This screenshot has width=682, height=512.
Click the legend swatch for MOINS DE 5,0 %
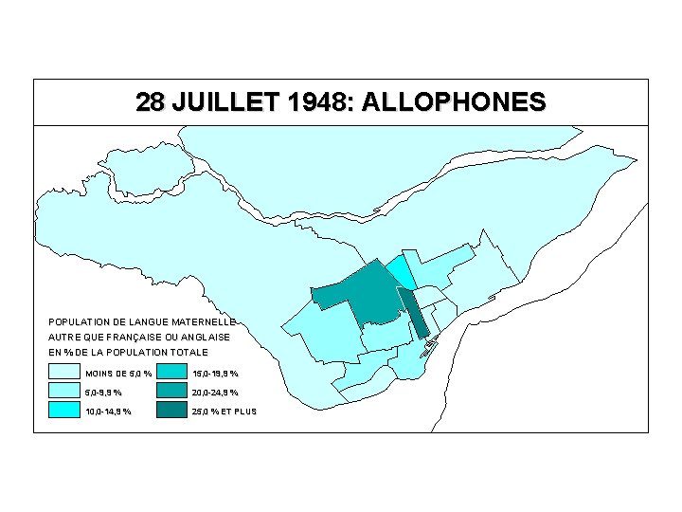(63, 372)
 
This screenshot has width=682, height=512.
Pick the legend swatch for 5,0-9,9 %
(63, 392)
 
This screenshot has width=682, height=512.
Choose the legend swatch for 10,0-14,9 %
(63, 411)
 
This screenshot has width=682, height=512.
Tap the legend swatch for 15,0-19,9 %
(171, 372)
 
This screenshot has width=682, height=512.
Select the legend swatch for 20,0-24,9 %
(171, 392)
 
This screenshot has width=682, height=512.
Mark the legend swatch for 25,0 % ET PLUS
(171, 411)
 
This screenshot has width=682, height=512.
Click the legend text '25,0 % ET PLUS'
(224, 411)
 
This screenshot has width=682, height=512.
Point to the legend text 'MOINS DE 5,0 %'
(118, 373)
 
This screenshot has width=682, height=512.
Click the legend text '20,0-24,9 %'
(215, 393)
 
